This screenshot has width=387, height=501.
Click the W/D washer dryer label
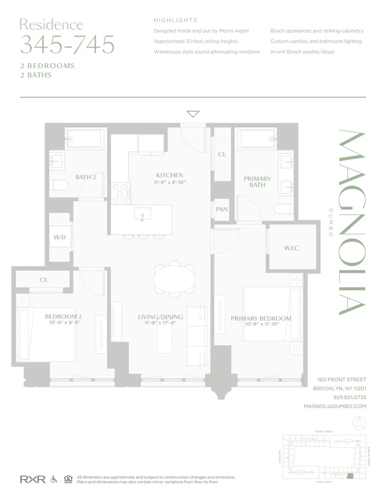tap(60, 237)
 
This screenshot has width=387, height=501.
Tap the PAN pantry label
tap(222, 209)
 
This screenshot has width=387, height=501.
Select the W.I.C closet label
tap(291, 248)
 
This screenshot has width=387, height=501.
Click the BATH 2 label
tap(86, 177)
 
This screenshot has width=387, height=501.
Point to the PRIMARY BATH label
tap(257, 182)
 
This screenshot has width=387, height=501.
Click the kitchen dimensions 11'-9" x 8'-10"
tap(169, 182)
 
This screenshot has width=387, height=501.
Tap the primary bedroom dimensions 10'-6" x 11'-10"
tap(260, 325)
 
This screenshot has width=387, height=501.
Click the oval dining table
tap(174, 278)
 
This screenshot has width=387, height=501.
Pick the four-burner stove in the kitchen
tap(120, 193)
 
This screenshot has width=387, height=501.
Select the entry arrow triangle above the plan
tap(193, 114)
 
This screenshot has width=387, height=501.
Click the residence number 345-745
tap(67, 45)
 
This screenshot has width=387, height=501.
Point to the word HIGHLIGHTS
tap(175, 21)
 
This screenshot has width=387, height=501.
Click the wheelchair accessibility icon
tap(54, 479)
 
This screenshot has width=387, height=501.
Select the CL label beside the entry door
tap(222, 155)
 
